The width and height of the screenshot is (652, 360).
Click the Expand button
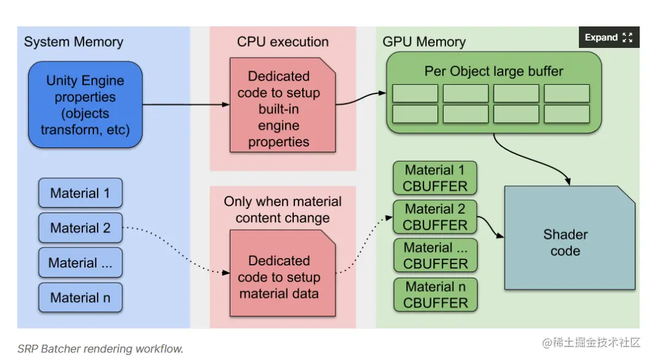pos(608,37)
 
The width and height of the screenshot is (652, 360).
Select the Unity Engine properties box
pos(85,105)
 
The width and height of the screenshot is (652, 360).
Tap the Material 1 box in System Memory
pos(81,193)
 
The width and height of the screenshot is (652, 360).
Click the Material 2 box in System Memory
pos(81,228)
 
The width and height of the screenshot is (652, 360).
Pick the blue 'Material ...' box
pos(81,263)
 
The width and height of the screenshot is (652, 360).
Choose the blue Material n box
pos(81,298)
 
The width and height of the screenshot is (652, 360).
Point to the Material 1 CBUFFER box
pos(435,178)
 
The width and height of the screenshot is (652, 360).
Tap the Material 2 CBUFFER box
pos(435,217)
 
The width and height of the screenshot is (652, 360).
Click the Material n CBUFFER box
pos(435,294)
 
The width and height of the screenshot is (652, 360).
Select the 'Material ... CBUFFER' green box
pos(435,256)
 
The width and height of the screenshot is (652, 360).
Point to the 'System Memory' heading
pos(74,42)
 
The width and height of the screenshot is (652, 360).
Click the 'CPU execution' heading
pos(283,42)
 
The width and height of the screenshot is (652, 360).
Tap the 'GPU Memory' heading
pos(424,42)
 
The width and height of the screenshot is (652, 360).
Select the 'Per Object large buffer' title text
pos(493,71)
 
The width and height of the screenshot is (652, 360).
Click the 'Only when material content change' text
pos(283,209)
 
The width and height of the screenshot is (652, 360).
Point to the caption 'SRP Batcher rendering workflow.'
pos(100,349)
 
